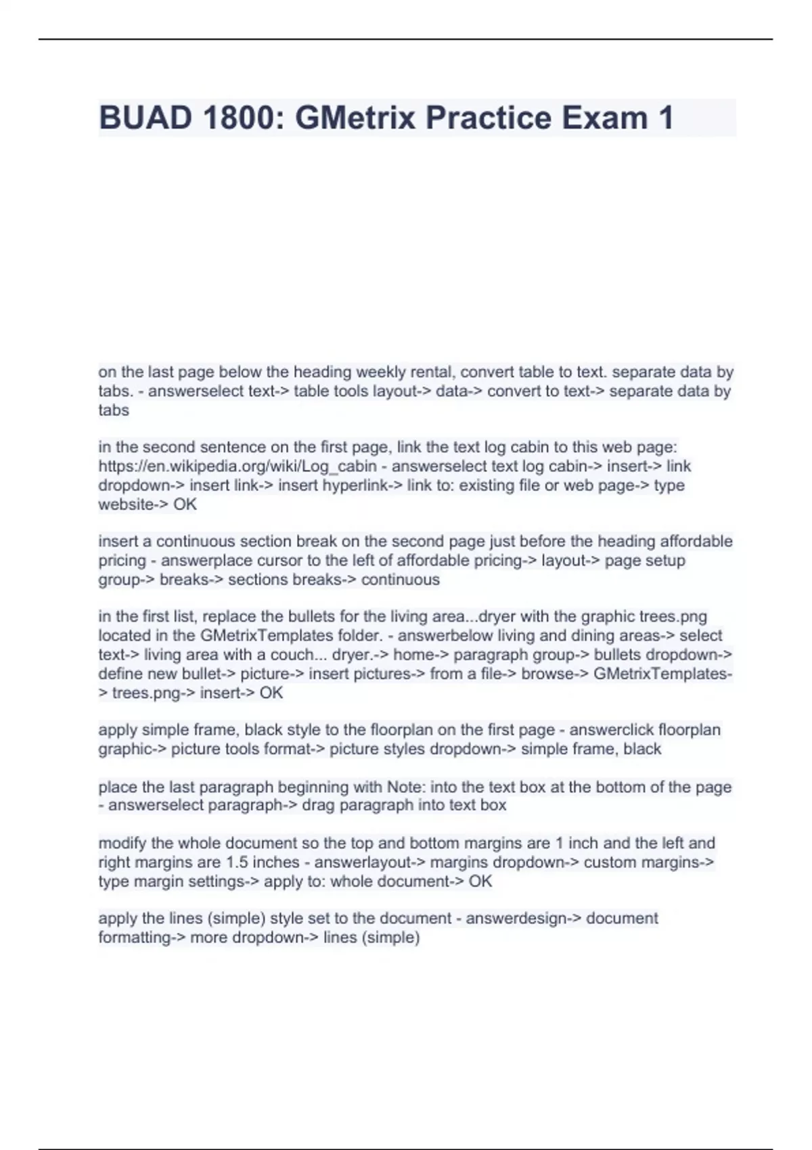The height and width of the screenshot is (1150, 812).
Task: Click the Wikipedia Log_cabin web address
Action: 238,466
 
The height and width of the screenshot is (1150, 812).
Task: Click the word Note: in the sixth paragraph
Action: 405,787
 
